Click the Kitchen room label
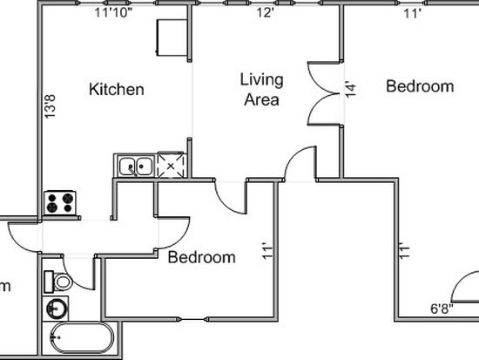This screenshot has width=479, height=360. point(117,89)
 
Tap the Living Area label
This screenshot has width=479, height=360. point(261,89)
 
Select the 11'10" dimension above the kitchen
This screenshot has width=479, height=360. point(113,13)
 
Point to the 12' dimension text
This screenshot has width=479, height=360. point(265,13)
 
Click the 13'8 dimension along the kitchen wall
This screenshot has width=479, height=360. point(51,106)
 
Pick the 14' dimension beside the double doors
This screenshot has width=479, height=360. point(351,89)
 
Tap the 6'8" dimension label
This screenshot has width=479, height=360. point(442,309)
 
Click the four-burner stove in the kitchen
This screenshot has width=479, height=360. point(60,203)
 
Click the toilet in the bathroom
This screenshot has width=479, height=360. point(58,282)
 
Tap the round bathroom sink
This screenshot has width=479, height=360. point(56,309)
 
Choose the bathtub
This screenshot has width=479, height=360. point(82,338)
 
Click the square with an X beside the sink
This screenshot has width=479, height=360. point(171,166)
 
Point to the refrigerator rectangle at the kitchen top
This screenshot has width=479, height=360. point(172,37)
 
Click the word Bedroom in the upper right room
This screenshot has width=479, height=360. point(420,86)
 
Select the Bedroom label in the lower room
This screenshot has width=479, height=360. point(202,257)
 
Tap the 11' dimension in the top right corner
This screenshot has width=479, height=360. point(413,13)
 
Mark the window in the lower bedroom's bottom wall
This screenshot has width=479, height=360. point(192,320)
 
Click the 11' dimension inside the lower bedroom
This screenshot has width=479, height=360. point(267,251)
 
